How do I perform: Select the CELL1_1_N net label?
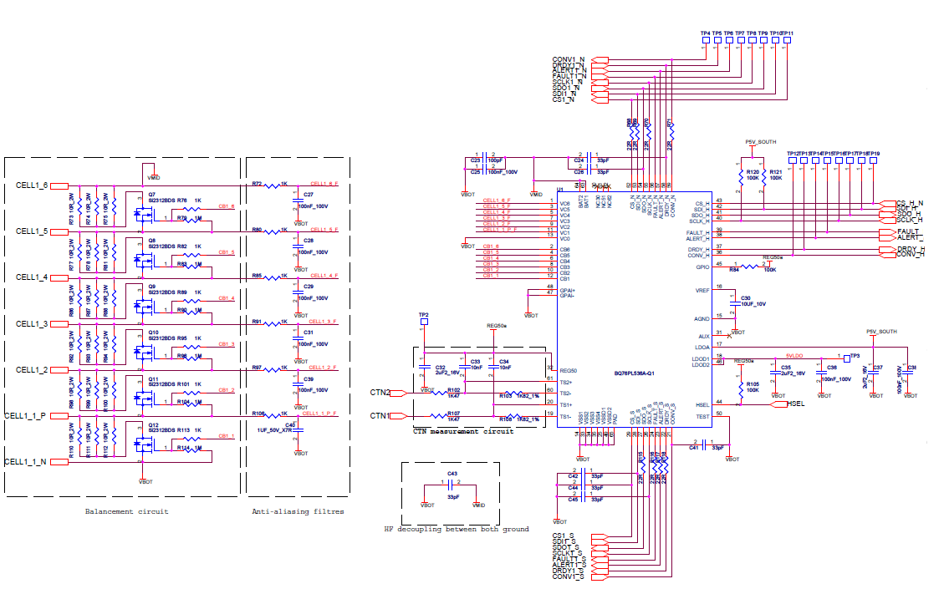click(x=26, y=462)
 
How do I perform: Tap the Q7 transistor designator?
click(x=152, y=194)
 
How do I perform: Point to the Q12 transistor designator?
click(x=153, y=425)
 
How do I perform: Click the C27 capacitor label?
click(x=309, y=194)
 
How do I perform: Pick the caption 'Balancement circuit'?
click(x=127, y=511)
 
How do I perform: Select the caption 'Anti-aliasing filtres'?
click(x=298, y=511)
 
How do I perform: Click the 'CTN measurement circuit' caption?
click(x=462, y=431)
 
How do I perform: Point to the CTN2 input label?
click(x=380, y=392)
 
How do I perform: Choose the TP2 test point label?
click(x=424, y=315)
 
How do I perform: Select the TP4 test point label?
click(x=706, y=33)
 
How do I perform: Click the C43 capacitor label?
click(x=452, y=474)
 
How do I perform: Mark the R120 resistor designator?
click(x=753, y=172)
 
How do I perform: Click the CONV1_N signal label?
click(x=568, y=59)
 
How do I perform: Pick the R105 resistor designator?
click(x=753, y=383)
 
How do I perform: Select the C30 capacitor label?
click(x=746, y=297)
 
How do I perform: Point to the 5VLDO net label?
click(x=794, y=354)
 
